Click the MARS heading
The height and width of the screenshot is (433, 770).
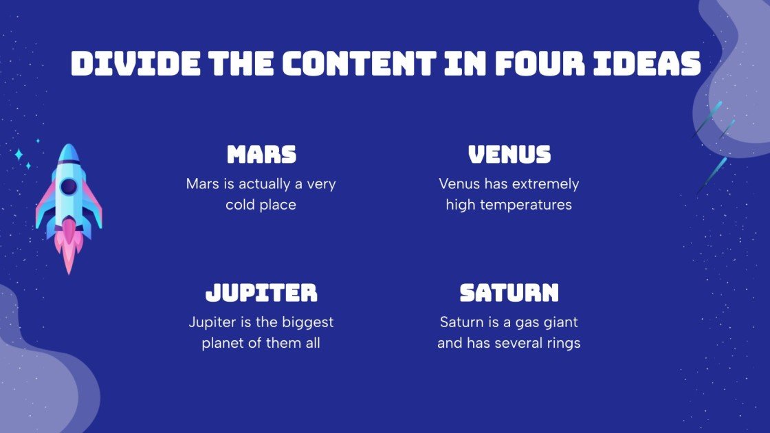tap(261, 154)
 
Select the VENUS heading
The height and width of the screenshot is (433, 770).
tap(509, 154)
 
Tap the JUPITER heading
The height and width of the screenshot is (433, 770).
tap(261, 293)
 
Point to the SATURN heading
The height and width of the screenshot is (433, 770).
tap(509, 293)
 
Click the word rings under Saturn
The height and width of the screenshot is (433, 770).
tap(562, 343)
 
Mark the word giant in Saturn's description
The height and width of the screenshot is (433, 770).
tap(560, 322)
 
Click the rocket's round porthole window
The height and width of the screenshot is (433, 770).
tap(69, 186)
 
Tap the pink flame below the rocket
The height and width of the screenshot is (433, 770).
tap(69, 244)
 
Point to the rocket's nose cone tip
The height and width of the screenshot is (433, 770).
tap(69, 147)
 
